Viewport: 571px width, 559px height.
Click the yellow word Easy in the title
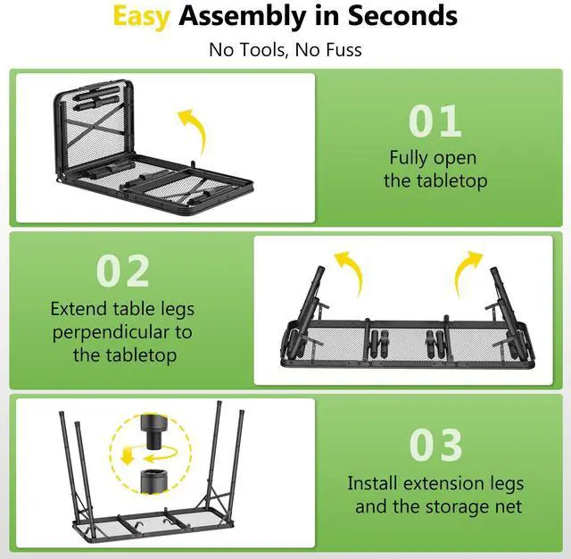pos(141,16)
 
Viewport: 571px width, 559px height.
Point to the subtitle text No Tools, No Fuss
pos(285,48)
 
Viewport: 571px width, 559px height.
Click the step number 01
pos(434,122)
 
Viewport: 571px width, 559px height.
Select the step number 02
pos(123,271)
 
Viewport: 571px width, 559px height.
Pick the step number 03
pos(436,446)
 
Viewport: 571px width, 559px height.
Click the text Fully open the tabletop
pos(434,170)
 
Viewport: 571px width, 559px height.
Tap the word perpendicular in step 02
pos(121,332)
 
